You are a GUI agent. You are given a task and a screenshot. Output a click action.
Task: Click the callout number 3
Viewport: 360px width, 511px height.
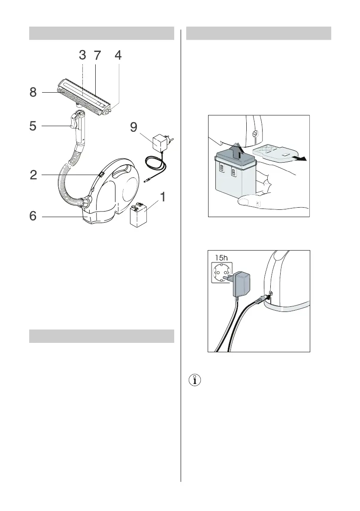[82, 56]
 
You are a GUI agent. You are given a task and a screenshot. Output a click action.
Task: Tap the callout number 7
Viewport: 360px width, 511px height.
[97, 56]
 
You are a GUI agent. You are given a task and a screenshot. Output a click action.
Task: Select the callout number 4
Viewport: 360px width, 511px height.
[118, 56]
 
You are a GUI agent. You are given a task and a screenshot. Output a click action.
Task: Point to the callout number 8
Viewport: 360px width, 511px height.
[33, 92]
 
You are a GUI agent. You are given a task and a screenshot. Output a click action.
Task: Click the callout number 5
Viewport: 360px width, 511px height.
[33, 126]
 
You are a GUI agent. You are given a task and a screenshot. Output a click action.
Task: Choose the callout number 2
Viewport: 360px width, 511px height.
[33, 175]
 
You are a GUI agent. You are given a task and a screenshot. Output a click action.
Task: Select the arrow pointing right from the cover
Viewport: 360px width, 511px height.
[299, 158]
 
